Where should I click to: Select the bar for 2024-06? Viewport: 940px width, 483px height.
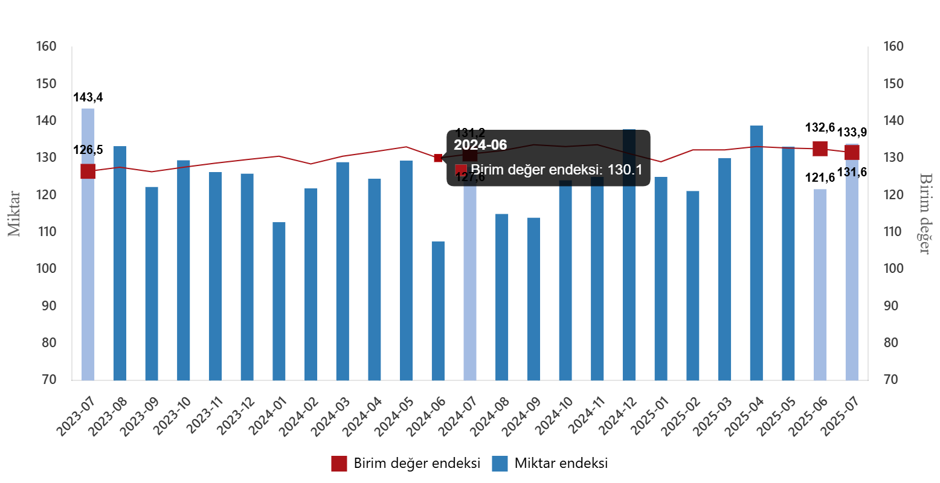point(438,311)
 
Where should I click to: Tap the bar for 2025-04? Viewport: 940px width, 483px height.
point(756,254)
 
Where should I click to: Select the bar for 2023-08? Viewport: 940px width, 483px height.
point(120,263)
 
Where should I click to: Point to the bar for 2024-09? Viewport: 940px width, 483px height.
point(533,299)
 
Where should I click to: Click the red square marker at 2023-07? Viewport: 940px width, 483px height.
point(88,171)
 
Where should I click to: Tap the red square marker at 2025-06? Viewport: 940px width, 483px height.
point(820,149)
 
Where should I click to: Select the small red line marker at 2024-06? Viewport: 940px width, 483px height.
point(438,158)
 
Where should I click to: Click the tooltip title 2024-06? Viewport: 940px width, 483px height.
point(480,145)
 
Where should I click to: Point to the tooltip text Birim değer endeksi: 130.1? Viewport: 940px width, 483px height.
point(556,170)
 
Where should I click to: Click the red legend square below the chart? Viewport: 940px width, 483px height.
point(339,464)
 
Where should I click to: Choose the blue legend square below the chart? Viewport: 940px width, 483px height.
point(500,464)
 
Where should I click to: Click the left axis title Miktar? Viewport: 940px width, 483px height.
point(14,214)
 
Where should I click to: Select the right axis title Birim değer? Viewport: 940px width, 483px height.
point(925,214)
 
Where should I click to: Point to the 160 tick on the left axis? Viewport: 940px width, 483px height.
point(47,46)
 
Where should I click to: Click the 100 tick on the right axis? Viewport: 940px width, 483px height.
point(893,269)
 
